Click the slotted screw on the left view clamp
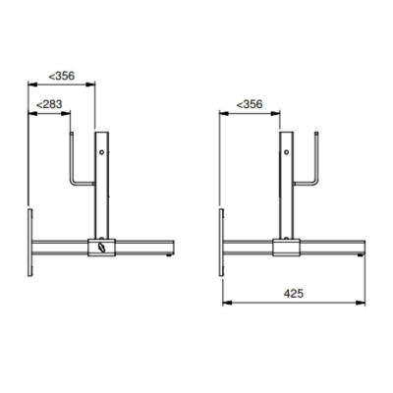coord(100,250)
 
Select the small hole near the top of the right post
coord(286,152)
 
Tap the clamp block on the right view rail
coord(286,249)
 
